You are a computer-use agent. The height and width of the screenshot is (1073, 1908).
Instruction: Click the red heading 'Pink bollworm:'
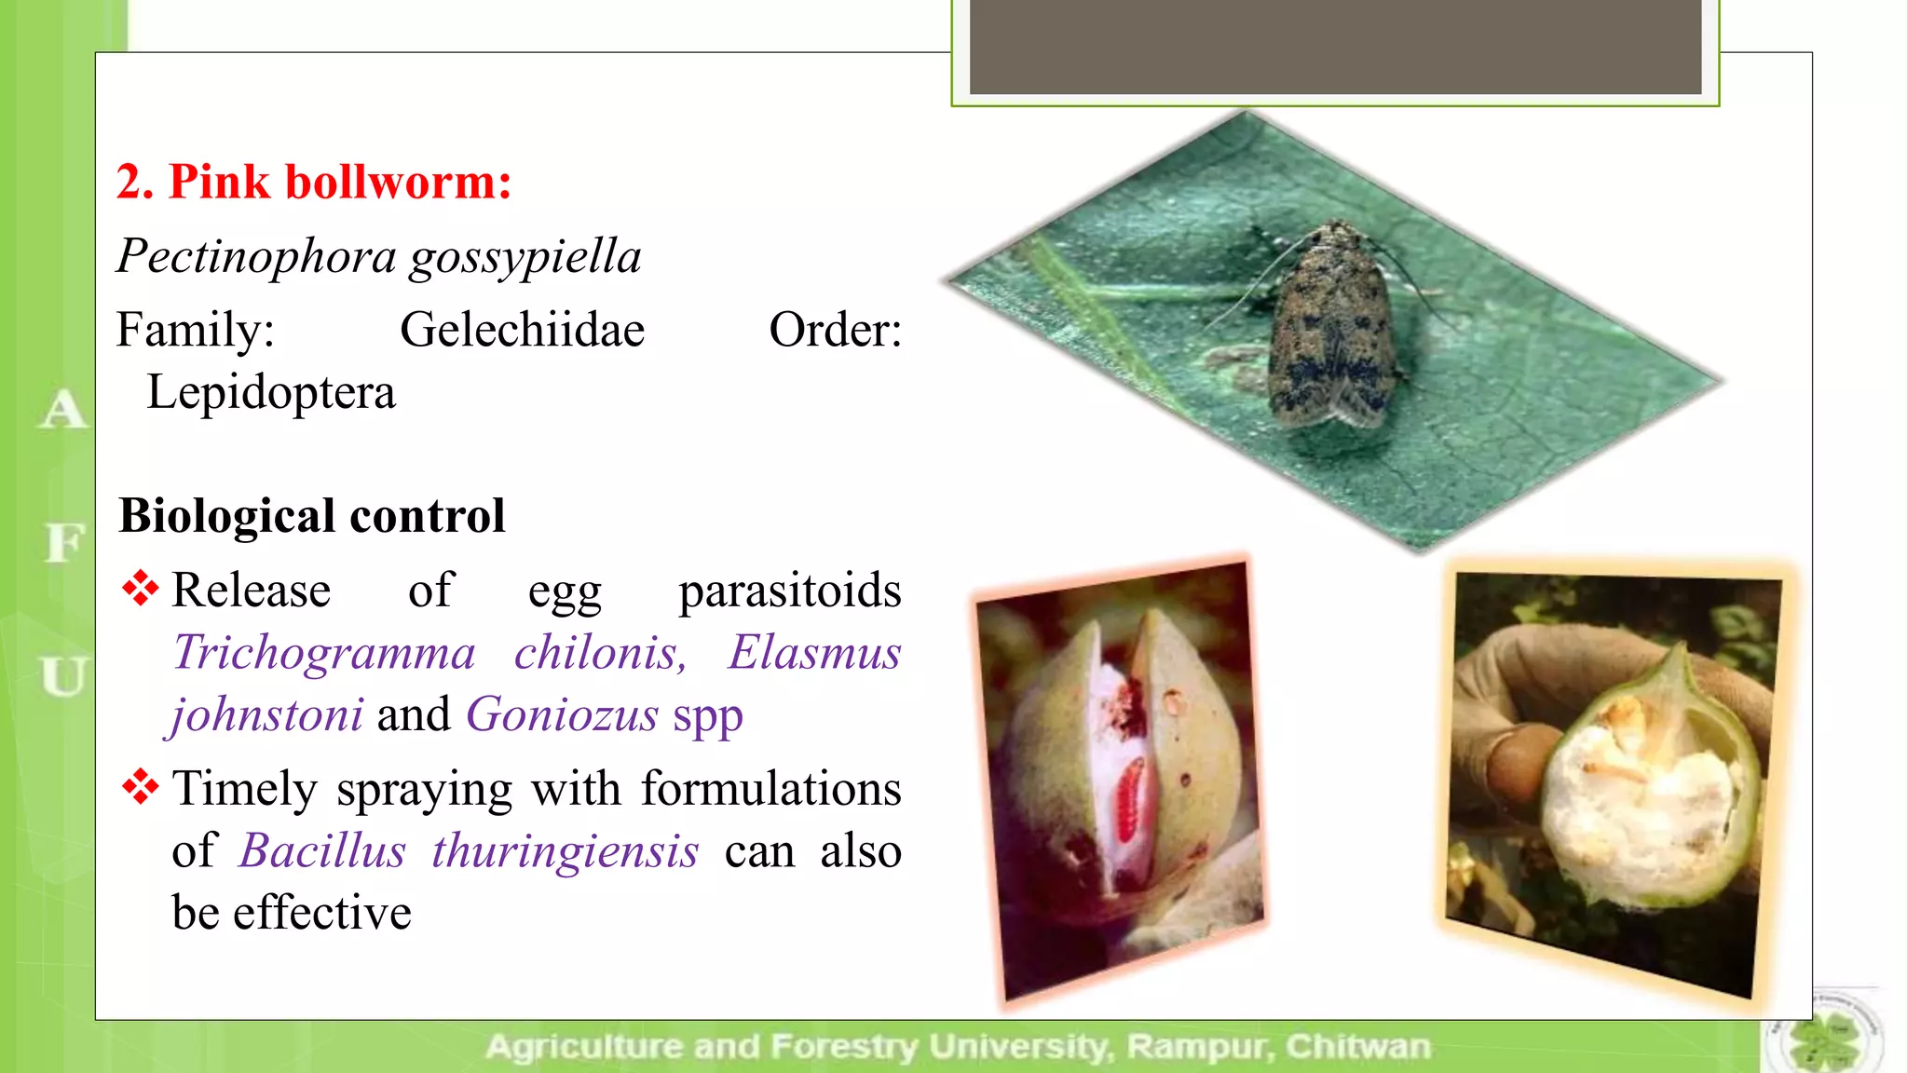click(x=339, y=182)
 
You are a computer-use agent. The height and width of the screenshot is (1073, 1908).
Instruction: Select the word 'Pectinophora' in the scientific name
click(x=255, y=256)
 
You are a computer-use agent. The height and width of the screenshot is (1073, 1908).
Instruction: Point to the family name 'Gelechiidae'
click(x=522, y=330)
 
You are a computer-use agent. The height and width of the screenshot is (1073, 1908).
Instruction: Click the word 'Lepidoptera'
click(x=271, y=392)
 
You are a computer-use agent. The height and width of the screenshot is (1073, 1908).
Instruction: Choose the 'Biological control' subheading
click(x=312, y=516)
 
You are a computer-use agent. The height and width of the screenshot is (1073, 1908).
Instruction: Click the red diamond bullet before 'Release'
click(x=140, y=589)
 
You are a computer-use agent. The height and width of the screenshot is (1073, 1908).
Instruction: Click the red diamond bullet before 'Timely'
click(x=140, y=787)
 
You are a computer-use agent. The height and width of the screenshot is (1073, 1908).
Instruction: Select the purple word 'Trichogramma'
click(x=324, y=652)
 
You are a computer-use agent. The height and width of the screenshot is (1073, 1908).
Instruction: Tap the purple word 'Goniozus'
click(x=562, y=714)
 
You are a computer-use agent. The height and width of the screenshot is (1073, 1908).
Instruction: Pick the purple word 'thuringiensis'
click(x=565, y=850)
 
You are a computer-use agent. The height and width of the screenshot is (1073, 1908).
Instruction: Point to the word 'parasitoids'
click(x=789, y=591)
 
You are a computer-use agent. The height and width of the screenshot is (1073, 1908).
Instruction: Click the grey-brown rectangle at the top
click(x=1335, y=47)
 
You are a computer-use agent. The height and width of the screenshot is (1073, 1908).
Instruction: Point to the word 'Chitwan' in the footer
click(x=1357, y=1047)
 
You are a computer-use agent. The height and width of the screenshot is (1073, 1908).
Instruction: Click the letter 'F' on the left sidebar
click(x=64, y=542)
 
